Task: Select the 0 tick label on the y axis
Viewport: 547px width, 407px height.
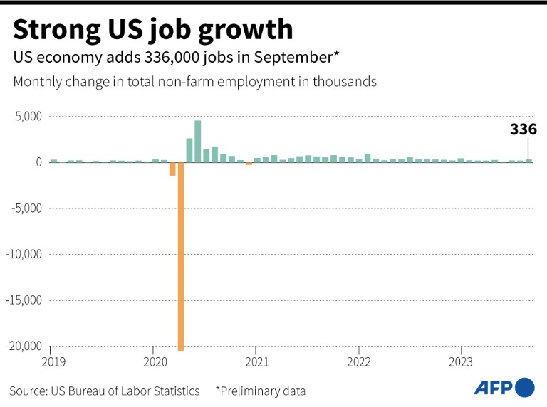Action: pos(39,162)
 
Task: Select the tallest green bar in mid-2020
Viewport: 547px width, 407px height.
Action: pos(197,141)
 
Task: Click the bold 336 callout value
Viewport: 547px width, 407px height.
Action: pos(523,129)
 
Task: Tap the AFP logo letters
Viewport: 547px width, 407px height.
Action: pos(493,388)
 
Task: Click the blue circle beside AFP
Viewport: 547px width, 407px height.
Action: pos(525,387)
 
